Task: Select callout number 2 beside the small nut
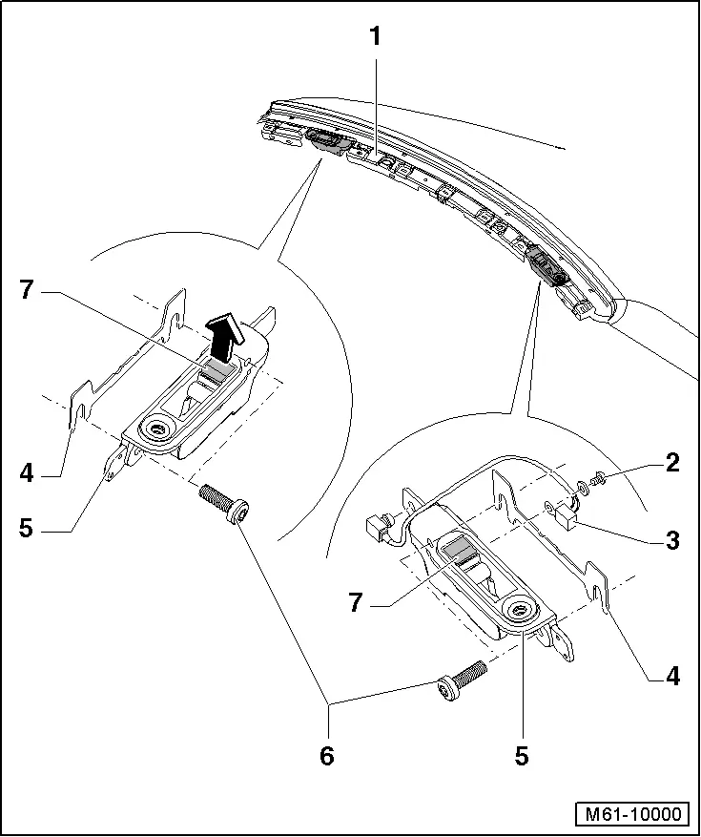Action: coord(672,465)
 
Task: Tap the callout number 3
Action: coord(672,540)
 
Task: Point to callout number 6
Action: coord(327,756)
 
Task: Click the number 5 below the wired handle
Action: coord(522,756)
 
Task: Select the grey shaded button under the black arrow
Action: coord(218,370)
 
